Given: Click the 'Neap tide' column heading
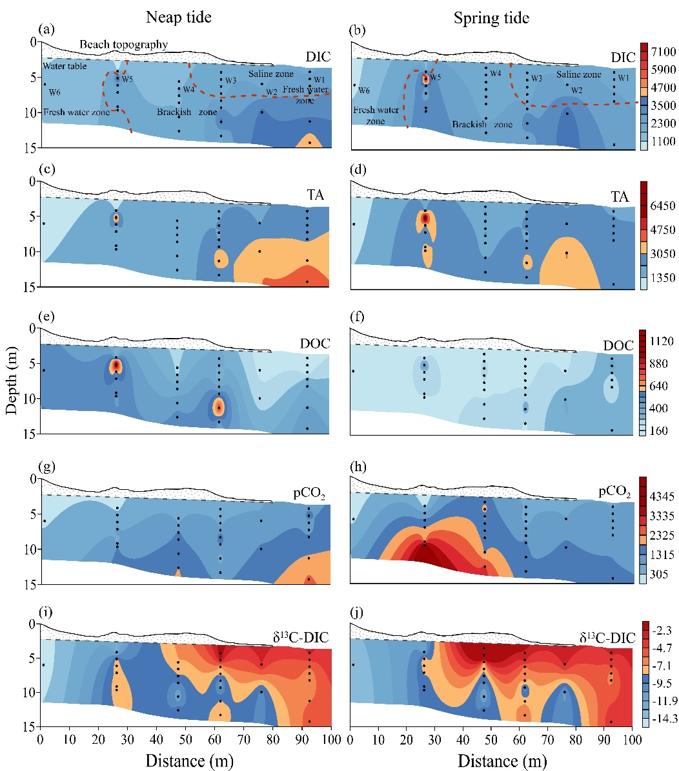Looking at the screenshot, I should point(178,17).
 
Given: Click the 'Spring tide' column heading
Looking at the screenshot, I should point(491,17).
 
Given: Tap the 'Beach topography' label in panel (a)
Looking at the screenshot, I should point(124,45).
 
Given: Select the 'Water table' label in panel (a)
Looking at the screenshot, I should point(65,66).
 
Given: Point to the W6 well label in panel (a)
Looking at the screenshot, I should point(56,92).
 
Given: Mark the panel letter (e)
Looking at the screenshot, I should point(46,317).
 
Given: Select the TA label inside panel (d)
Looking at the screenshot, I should point(620,196).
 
